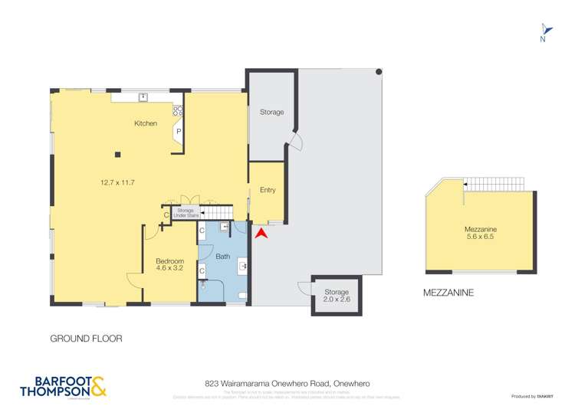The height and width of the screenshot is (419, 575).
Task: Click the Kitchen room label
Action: click(146, 123)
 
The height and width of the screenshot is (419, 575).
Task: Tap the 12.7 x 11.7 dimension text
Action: click(117, 182)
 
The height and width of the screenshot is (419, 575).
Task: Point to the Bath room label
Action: click(223, 256)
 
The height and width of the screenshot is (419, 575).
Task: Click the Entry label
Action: click(268, 190)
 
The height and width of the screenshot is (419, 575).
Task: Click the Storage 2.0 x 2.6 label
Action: click(337, 296)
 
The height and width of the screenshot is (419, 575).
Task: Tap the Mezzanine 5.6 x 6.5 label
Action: click(481, 233)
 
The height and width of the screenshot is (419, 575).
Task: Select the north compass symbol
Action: click(543, 31)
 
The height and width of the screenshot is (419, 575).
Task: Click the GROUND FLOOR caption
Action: click(86, 338)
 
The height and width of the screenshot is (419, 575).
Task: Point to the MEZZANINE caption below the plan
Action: click(449, 292)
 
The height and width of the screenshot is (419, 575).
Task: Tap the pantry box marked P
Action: click(179, 131)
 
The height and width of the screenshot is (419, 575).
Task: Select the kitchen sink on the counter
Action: click(143, 97)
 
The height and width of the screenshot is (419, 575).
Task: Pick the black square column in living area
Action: click(117, 155)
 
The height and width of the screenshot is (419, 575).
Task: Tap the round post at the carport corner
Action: click(379, 72)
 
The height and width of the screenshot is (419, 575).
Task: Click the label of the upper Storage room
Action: click(271, 113)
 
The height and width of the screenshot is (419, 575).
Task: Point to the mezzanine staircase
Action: click(495, 184)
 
